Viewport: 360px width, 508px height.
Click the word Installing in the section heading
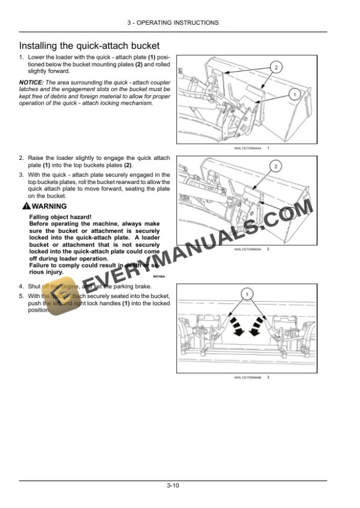coord(38,45)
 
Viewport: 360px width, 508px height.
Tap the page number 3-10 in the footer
coord(173,485)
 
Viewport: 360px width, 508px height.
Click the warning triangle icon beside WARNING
coord(25,206)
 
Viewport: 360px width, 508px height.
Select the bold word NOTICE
coord(31,82)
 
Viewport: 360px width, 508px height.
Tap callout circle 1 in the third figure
coord(248,292)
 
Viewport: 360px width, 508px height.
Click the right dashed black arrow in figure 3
coord(258,327)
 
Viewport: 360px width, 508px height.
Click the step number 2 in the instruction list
coord(21,158)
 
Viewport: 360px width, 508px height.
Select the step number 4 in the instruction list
coord(21,286)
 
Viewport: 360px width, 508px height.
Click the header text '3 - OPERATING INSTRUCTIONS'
coord(173,22)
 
